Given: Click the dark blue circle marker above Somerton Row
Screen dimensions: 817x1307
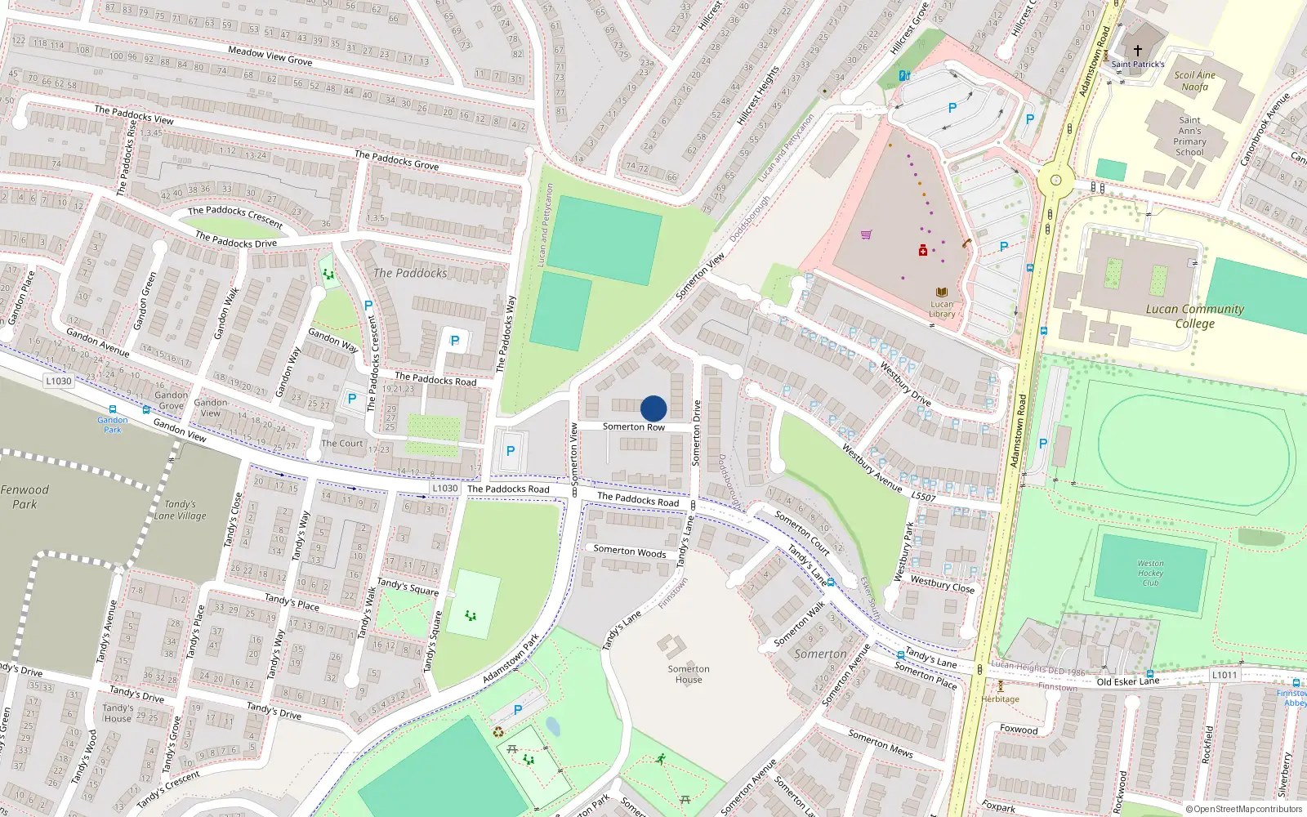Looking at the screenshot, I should click(x=653, y=408).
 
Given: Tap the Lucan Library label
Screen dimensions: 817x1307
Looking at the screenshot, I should click(x=942, y=309).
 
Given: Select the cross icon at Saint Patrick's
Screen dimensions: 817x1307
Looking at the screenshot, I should click(x=1138, y=51).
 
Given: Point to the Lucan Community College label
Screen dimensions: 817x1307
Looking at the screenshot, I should click(x=1194, y=316).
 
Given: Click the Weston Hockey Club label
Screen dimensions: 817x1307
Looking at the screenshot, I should click(x=1150, y=573).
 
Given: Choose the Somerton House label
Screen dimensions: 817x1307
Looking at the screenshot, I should click(x=689, y=674).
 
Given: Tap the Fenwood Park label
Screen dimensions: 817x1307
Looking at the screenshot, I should click(x=25, y=497).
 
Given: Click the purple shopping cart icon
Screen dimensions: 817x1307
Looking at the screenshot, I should click(x=866, y=234).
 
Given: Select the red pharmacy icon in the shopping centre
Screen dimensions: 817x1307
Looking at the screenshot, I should click(x=923, y=251).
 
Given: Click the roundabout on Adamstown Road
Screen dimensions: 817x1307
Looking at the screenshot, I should click(x=1056, y=180).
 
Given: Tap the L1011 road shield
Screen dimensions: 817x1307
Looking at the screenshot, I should click(x=1224, y=675).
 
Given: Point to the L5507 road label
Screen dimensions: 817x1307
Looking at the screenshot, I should click(x=923, y=497).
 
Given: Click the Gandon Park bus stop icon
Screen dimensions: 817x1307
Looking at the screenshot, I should click(x=112, y=410).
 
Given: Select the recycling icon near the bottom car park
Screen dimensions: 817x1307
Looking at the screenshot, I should click(x=498, y=731).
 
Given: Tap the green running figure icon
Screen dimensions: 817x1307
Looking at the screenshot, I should click(x=660, y=759).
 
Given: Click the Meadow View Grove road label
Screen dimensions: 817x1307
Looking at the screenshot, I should click(x=270, y=56).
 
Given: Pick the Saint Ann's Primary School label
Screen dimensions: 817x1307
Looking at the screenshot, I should click(x=1189, y=136).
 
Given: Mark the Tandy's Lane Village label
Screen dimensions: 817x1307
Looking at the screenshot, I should click(x=181, y=510).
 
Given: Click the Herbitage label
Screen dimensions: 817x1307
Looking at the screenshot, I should click(x=1001, y=699).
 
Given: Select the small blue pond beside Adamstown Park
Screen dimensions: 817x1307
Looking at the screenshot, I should click(x=553, y=726).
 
